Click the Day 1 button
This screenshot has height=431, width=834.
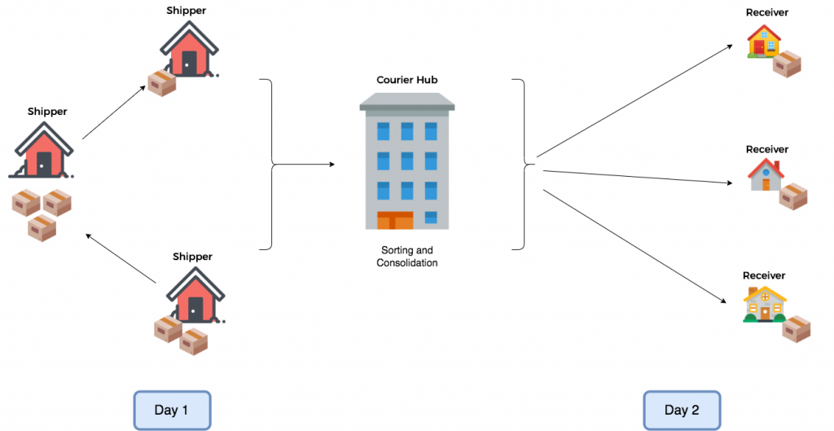pos(172,410)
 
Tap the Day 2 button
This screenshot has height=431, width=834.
pos(682,410)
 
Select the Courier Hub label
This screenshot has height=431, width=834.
pos(407,80)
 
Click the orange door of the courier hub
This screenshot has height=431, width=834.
pos(395,220)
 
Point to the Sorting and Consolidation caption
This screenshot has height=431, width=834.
pos(407,256)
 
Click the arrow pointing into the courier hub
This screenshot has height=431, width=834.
pos(304,165)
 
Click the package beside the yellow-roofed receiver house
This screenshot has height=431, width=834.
pos(797,328)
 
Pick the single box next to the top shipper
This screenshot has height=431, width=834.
pos(162,84)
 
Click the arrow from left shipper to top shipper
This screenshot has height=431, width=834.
pos(114,112)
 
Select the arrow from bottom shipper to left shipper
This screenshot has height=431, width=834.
pos(121,258)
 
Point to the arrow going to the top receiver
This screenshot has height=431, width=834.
pos(634,101)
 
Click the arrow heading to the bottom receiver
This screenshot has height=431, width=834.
pos(634,246)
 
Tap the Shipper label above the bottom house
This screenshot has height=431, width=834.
pos(192,257)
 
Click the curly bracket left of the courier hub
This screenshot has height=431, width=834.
pos(267,165)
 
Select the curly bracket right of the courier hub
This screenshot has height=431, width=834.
pos(520,165)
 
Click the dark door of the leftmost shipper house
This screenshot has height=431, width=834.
pos(44,165)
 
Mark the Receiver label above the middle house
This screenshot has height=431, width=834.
pos(767,150)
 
